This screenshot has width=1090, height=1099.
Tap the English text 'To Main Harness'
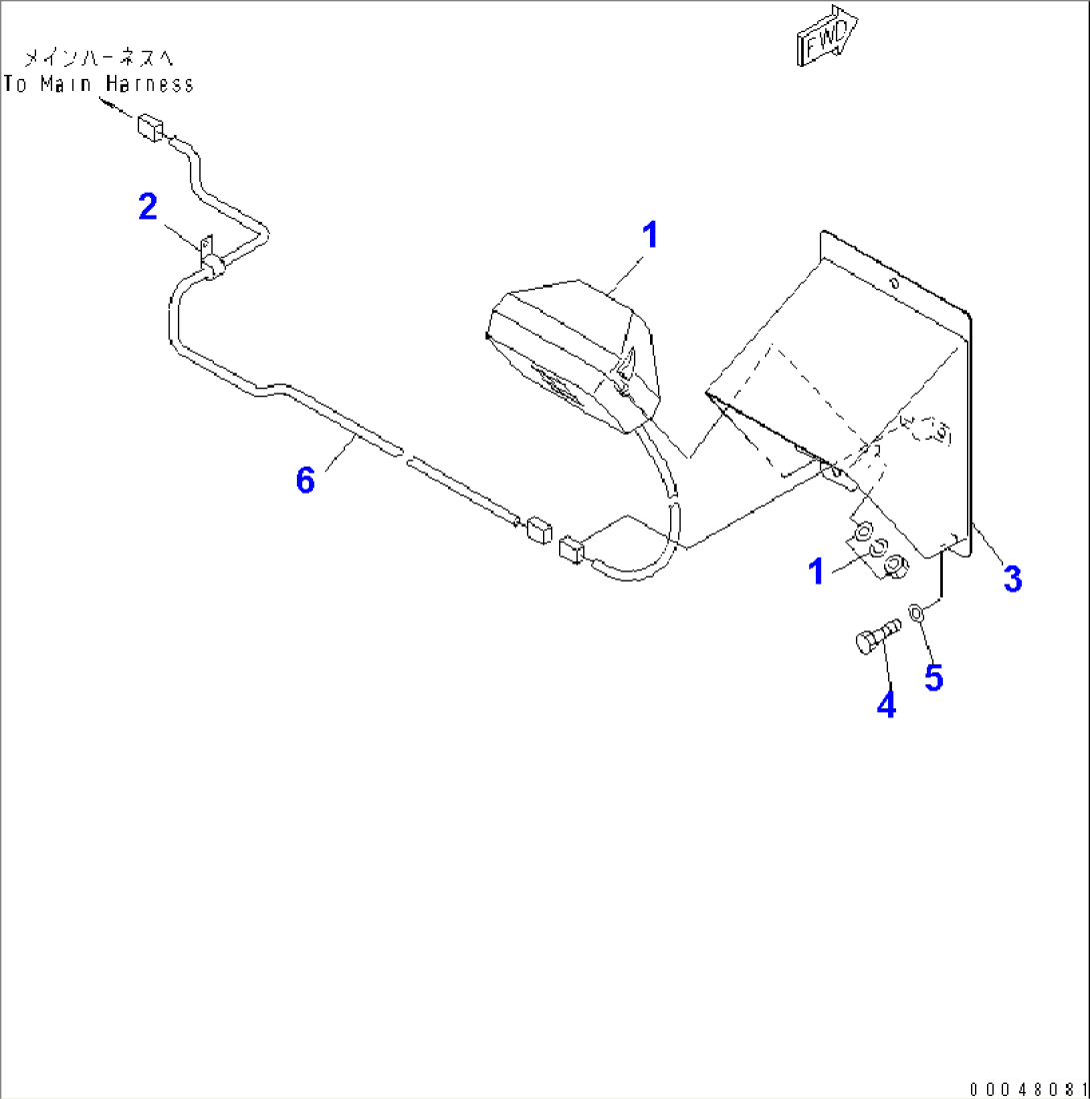pyautogui.click(x=98, y=84)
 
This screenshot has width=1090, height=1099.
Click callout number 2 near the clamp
pyautogui.click(x=148, y=208)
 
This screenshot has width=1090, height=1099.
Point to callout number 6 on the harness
pyautogui.click(x=305, y=480)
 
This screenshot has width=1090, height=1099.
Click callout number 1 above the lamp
pyautogui.click(x=649, y=237)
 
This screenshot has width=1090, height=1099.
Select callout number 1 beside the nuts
pyautogui.click(x=817, y=571)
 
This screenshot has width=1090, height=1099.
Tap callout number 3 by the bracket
pyautogui.click(x=1012, y=576)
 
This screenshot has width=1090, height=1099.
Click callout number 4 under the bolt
pyautogui.click(x=886, y=704)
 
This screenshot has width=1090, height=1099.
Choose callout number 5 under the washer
pyautogui.click(x=933, y=676)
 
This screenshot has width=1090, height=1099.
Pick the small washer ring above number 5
pyautogui.click(x=916, y=610)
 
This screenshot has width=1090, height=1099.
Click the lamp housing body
pyautogui.click(x=570, y=360)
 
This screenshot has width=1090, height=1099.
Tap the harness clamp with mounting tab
pyautogui.click(x=210, y=263)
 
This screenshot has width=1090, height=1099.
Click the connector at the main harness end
pyautogui.click(x=150, y=128)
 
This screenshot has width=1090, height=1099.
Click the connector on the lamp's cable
pyautogui.click(x=571, y=550)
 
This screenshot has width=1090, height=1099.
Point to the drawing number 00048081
pyautogui.click(x=1025, y=1087)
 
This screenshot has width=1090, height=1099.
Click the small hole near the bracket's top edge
pyautogui.click(x=893, y=284)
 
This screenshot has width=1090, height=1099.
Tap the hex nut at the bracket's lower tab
pyautogui.click(x=894, y=567)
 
